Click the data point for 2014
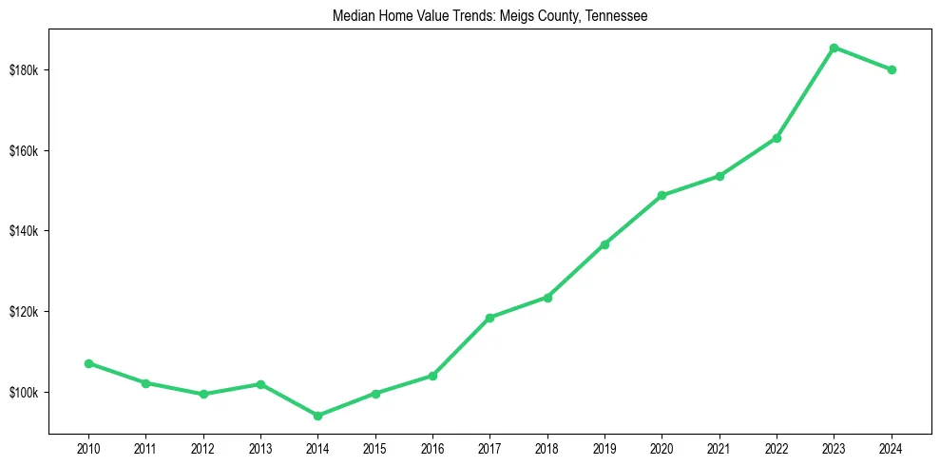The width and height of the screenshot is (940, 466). [x=317, y=416]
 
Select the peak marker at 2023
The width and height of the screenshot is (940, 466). [x=834, y=48]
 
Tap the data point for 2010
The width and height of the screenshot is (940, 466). [x=88, y=363]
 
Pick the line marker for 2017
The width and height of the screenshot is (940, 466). [x=489, y=318]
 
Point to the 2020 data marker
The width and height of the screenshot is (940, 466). [x=662, y=196]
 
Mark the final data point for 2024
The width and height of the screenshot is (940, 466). [x=892, y=69]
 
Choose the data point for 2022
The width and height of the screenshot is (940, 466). [x=777, y=138]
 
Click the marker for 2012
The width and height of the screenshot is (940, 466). [x=203, y=394]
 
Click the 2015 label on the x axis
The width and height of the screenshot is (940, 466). [x=375, y=448]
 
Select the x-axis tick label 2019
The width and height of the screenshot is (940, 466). [x=604, y=448]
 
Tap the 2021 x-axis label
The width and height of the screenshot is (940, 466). [x=719, y=448]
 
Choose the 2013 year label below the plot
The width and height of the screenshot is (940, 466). [x=260, y=448]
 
